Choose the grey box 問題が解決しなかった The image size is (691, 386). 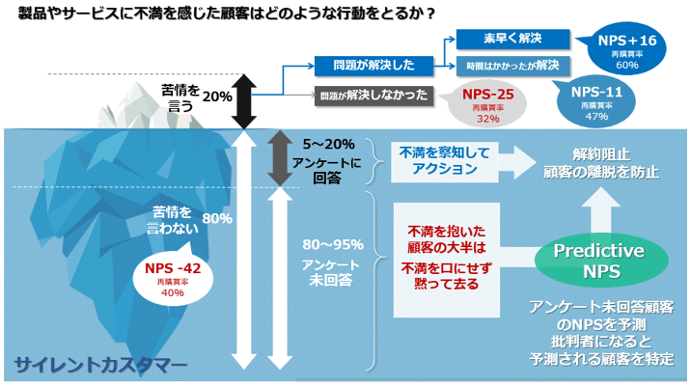click(372, 96)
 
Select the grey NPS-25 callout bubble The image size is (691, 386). click(486, 102)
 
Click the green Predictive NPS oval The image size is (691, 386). click(597, 259)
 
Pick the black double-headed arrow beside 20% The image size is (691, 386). click(243, 96)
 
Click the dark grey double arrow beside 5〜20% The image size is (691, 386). click(279, 157)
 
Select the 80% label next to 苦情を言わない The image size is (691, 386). click(217, 219)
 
